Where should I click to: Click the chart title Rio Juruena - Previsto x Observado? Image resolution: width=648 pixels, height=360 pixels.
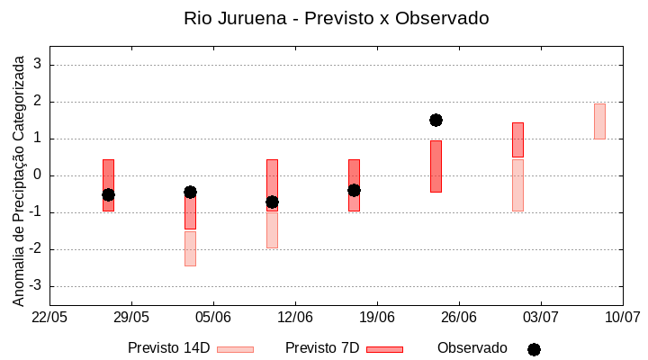(336, 18)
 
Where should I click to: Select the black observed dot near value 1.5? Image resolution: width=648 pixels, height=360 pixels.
(436, 120)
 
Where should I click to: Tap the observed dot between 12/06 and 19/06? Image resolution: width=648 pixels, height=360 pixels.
(354, 190)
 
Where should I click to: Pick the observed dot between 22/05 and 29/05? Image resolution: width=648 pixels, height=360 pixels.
(108, 194)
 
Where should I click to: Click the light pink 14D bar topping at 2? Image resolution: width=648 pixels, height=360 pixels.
(599, 121)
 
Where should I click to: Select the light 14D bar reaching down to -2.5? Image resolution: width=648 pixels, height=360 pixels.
(190, 248)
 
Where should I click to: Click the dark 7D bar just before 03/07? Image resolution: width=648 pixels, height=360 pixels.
(517, 139)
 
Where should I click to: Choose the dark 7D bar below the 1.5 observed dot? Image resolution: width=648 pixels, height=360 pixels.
(436, 166)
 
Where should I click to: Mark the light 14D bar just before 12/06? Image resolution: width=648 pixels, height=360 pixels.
(272, 229)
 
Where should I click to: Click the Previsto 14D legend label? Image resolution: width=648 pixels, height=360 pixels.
(168, 348)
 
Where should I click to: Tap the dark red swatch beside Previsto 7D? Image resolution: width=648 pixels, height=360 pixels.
(384, 349)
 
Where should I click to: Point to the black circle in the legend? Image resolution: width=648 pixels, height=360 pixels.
(534, 349)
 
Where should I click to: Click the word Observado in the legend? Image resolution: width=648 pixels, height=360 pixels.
(472, 348)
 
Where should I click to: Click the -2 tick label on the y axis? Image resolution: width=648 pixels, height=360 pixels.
(36, 249)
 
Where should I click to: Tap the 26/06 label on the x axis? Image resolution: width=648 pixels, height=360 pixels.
(459, 317)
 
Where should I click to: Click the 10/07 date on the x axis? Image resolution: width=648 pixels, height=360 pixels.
(622, 317)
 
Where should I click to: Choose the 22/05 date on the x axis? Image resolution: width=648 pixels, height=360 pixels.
(49, 317)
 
